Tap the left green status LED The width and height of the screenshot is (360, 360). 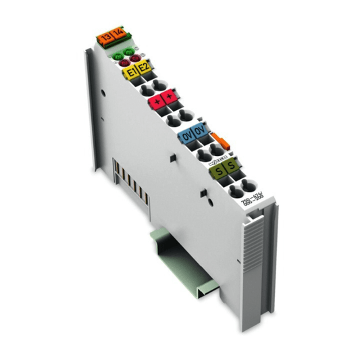pyautogui.click(x=117, y=56)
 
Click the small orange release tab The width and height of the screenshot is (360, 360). pyautogui.click(x=217, y=140)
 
